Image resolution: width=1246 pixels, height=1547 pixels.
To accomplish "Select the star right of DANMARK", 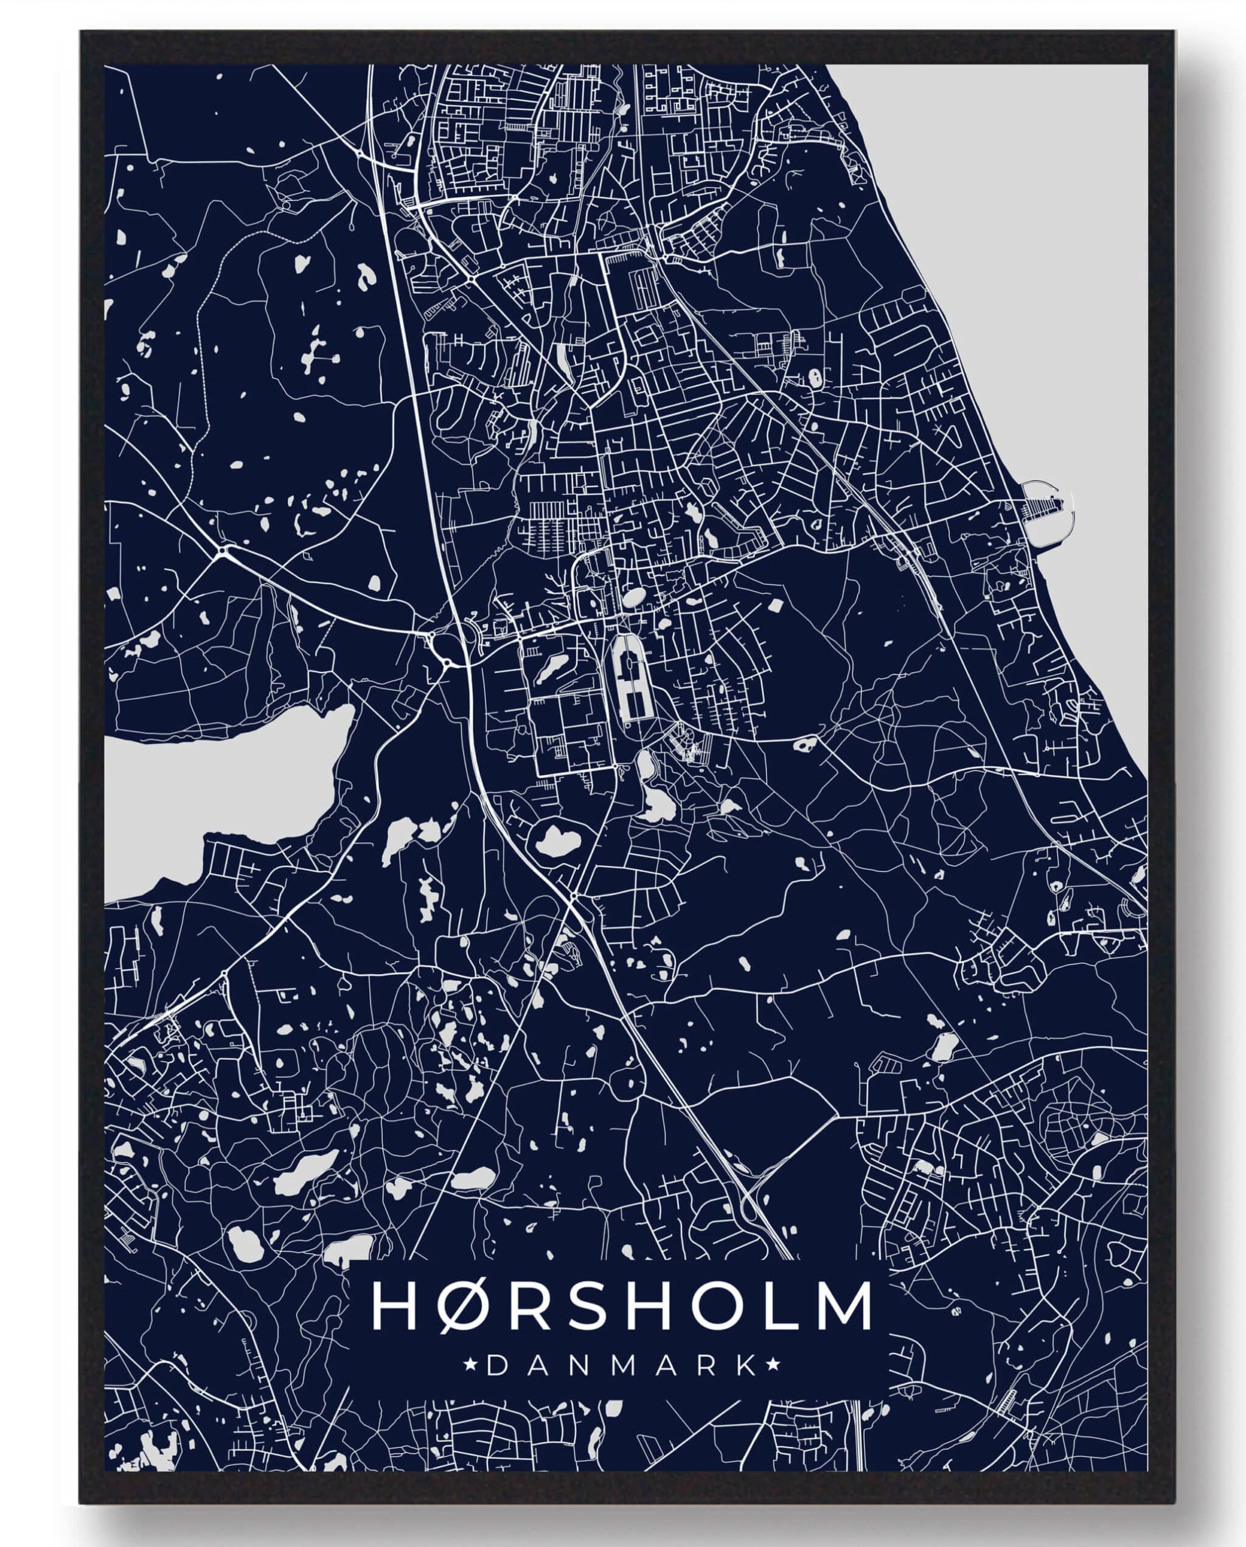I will click(774, 1365).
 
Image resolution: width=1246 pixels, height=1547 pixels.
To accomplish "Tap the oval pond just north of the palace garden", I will click(633, 597).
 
